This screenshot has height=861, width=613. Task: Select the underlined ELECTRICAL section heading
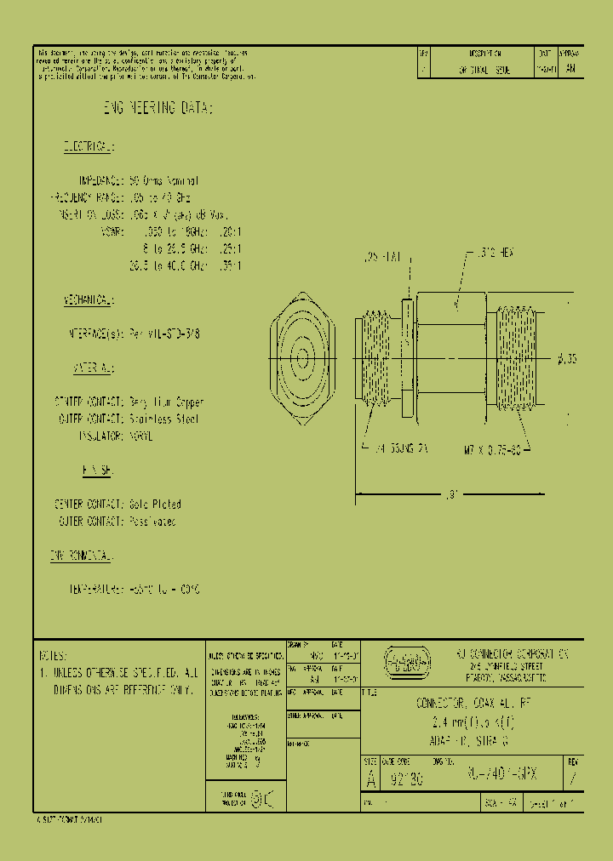[x=88, y=148]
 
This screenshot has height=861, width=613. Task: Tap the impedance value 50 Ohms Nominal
[x=163, y=181]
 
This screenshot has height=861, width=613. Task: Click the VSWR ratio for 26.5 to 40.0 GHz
[x=231, y=265]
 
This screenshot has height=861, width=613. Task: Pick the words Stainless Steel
[x=167, y=419]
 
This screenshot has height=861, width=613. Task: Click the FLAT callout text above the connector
[x=379, y=254]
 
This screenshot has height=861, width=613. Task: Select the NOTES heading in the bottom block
[x=54, y=657]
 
